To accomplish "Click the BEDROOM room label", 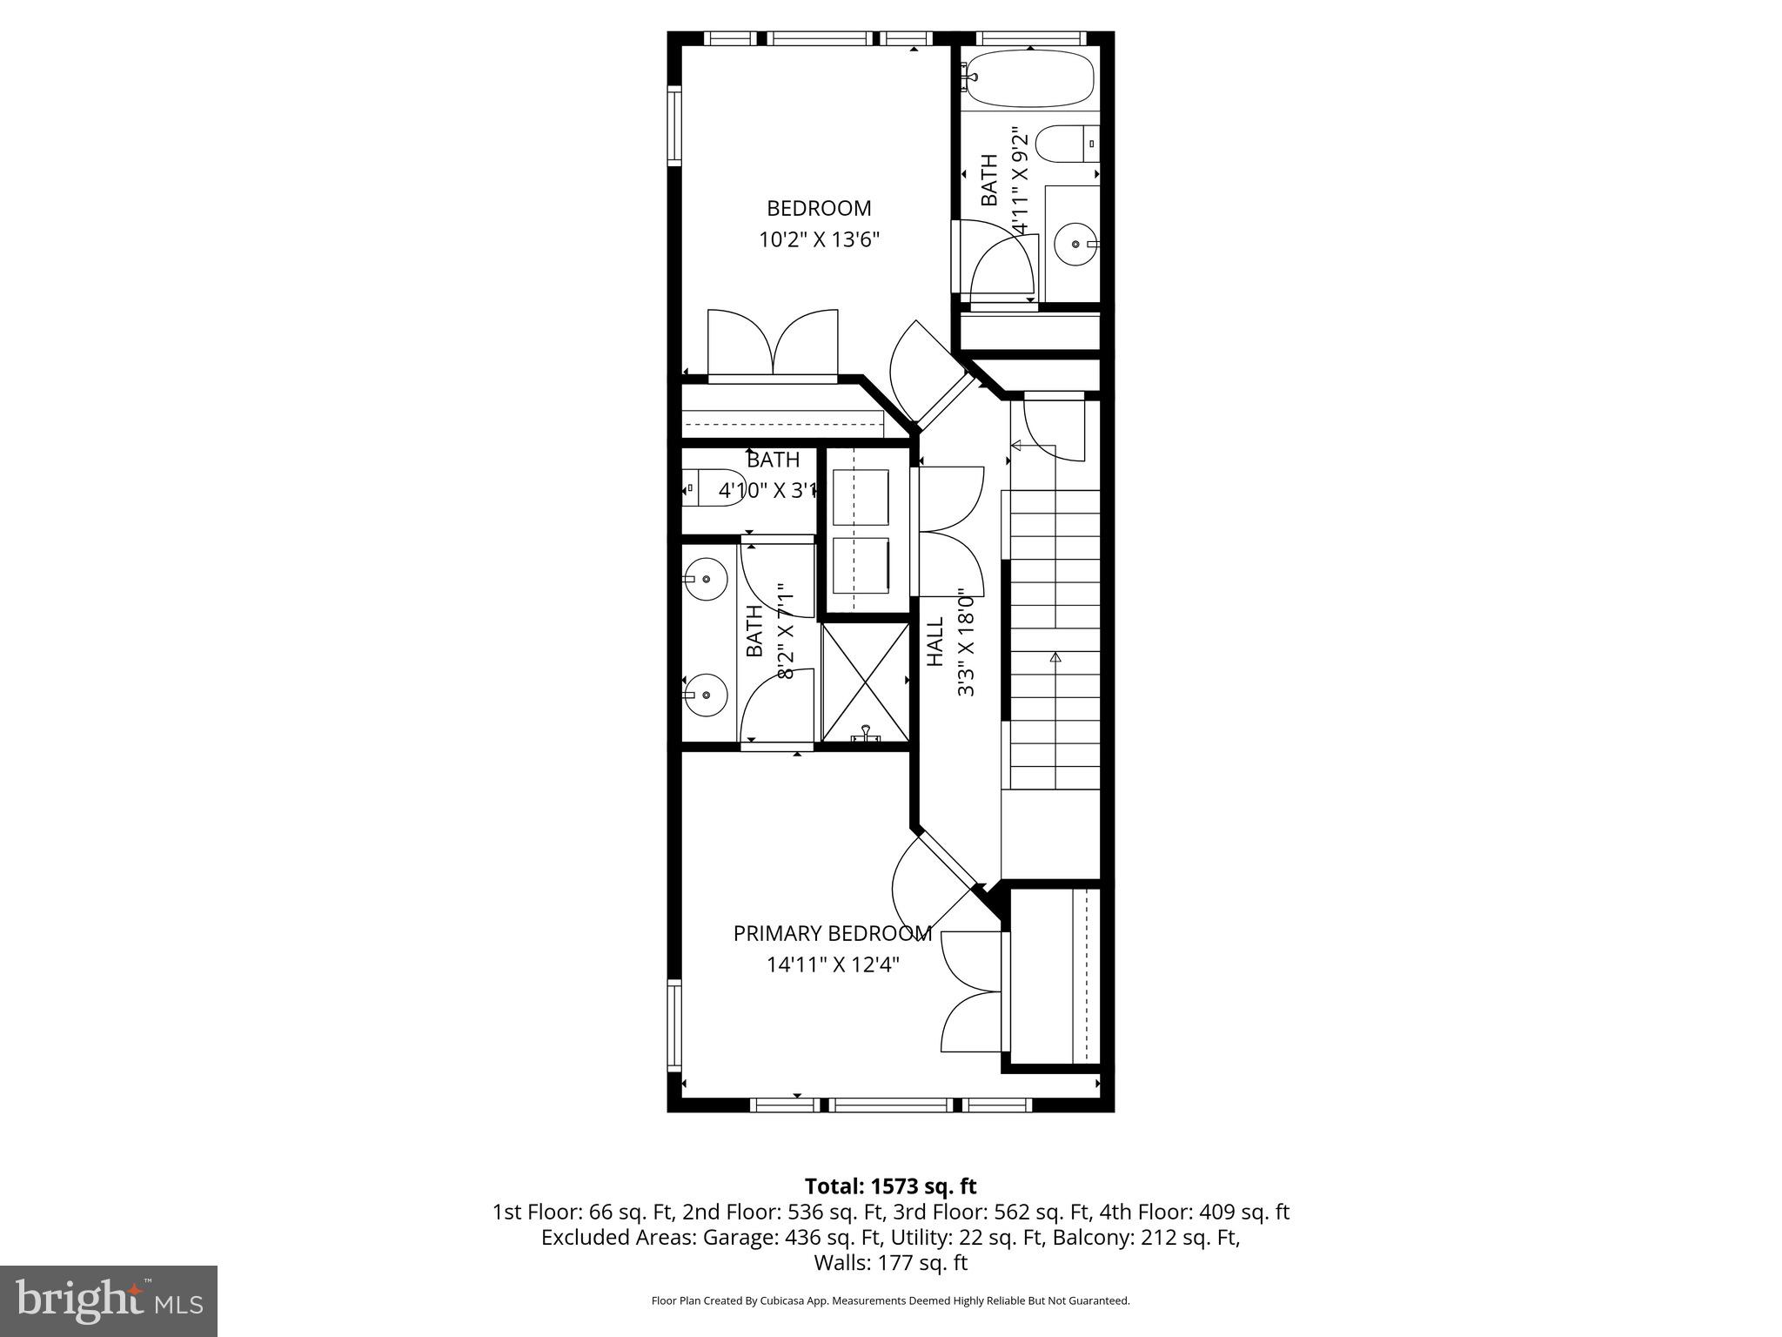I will point(818,209).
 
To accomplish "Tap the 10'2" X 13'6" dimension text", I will point(819,240).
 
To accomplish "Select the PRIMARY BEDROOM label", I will point(832,934).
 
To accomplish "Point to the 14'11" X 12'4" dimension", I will point(832,964).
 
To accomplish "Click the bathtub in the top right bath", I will point(1030,79).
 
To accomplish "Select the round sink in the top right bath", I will point(1075,245).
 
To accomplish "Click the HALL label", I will point(935,642).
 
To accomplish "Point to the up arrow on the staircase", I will point(1055,658).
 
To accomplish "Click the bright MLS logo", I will point(109,1300).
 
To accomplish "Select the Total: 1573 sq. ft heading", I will point(890,1186).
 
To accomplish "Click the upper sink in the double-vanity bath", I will point(705,579).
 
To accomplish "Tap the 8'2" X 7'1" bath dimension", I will point(786,631).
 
